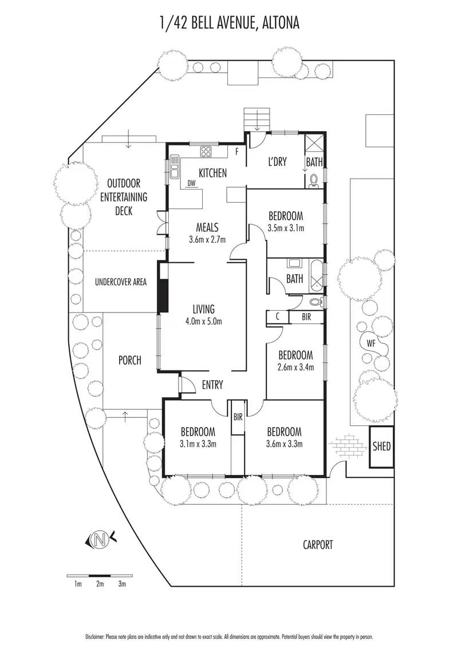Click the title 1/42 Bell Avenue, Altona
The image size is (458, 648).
tap(229, 23)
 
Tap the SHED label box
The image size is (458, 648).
tap(381, 445)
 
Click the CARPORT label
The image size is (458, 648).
tap(318, 544)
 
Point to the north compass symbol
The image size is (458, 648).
tap(101, 538)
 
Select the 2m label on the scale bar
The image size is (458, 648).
tap(100, 584)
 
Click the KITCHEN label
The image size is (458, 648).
tap(212, 173)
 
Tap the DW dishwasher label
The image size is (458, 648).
tap(192, 184)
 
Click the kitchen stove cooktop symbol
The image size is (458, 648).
tap(206, 152)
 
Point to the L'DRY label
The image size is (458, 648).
tap(277, 162)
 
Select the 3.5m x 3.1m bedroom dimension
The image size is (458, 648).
tap(286, 228)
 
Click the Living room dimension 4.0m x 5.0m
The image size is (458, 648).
tap(203, 321)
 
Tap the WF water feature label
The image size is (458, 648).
tap(372, 343)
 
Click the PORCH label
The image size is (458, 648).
tap(129, 360)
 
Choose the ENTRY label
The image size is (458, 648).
tap(212, 385)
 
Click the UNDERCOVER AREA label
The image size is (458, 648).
tap(121, 282)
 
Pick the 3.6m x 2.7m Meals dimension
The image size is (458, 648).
tap(207, 239)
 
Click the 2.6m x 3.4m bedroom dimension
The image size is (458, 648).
tap(296, 368)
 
